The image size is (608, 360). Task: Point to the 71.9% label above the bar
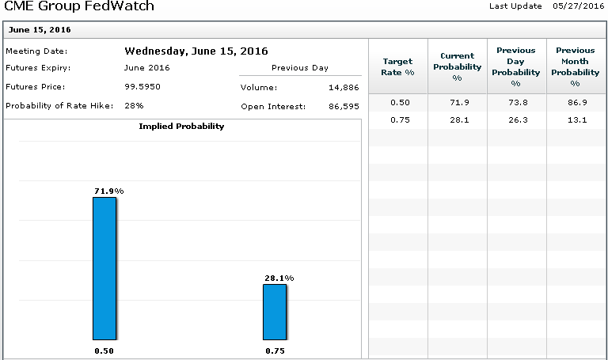(108, 191)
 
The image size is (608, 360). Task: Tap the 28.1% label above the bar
(279, 278)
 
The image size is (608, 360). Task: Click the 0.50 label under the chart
(104, 351)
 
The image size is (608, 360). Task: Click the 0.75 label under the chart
(275, 351)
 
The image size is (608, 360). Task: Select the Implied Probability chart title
(181, 127)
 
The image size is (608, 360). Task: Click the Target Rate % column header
(398, 66)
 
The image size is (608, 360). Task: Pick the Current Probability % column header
(457, 66)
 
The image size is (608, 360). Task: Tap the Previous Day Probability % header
(516, 66)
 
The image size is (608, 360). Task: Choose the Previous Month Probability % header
(576, 66)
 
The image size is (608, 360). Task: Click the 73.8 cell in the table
(516, 103)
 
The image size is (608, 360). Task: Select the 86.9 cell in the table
(576, 103)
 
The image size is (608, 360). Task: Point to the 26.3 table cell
(516, 120)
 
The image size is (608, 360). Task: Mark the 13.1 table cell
(576, 120)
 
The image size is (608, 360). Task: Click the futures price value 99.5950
(143, 86)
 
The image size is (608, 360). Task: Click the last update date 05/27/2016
(577, 6)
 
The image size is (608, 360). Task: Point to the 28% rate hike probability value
(134, 105)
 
